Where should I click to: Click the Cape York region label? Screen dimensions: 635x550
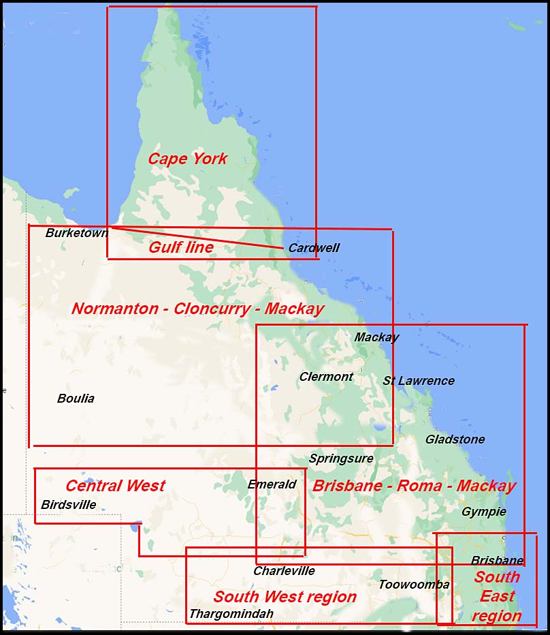[x=187, y=159]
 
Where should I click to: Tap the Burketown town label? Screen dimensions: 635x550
[x=76, y=233]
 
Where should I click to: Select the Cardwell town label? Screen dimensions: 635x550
[x=313, y=248]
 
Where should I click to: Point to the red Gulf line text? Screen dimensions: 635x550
[x=181, y=247]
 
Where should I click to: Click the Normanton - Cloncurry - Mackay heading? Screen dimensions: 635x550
[x=197, y=309]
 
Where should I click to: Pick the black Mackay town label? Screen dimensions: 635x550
[x=376, y=337]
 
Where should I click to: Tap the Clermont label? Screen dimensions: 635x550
[x=326, y=377]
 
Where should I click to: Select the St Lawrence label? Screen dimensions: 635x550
[x=418, y=381]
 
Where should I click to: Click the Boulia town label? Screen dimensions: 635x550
[x=76, y=399]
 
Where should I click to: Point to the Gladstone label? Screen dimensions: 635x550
[x=455, y=439]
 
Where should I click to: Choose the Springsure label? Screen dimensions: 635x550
[x=341, y=459]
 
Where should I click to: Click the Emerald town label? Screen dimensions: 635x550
[x=272, y=484]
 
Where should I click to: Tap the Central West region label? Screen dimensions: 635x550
[x=115, y=486]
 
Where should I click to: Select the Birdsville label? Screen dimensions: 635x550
[x=68, y=505]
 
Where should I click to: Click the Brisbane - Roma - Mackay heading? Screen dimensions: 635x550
[x=413, y=486]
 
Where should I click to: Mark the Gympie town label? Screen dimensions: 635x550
[x=483, y=512]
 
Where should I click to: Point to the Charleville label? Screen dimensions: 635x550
[x=284, y=571]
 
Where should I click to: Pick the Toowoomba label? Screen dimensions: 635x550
[x=414, y=585]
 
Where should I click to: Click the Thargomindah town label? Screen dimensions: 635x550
[x=231, y=614]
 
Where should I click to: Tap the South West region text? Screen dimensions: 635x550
[x=285, y=597]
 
